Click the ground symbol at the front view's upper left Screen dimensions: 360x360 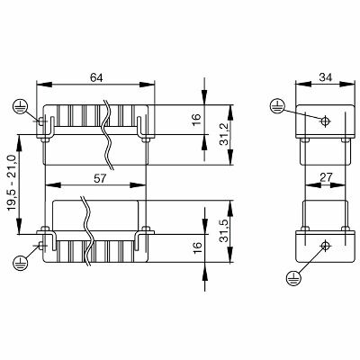(x=18, y=107)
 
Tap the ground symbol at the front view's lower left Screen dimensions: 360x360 (x=20, y=262)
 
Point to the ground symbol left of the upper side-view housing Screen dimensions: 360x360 (x=277, y=107)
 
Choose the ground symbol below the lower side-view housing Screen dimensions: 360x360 (x=294, y=278)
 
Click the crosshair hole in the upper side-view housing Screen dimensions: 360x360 (x=326, y=120)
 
